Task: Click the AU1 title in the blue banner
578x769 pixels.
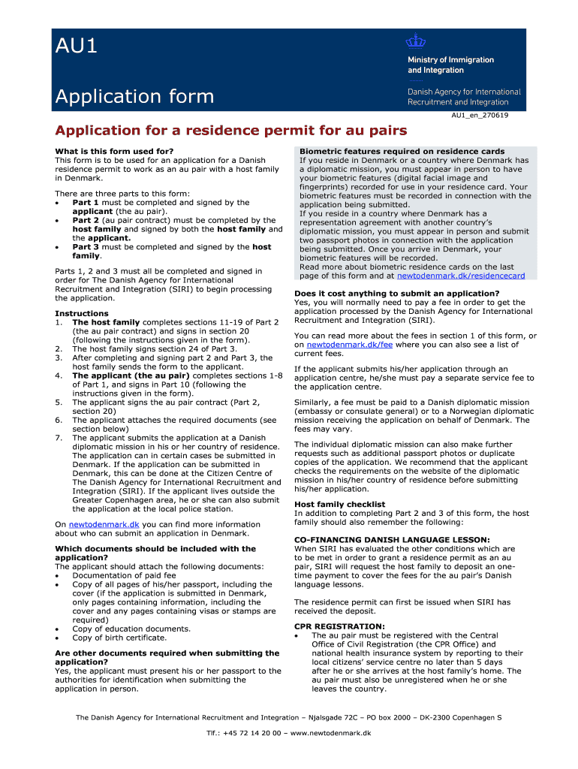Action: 77,47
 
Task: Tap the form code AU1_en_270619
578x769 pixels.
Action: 479,115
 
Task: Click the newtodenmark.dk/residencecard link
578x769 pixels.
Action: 460,276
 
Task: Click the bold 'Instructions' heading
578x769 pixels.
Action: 82,314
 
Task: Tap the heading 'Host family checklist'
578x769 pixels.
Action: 339,505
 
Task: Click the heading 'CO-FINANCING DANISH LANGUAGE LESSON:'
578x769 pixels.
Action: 392,540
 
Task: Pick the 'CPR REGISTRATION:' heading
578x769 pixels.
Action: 339,626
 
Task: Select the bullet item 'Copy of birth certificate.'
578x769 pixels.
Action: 119,638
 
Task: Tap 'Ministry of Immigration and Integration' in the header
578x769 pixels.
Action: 450,65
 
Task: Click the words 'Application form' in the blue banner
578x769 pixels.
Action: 134,96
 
